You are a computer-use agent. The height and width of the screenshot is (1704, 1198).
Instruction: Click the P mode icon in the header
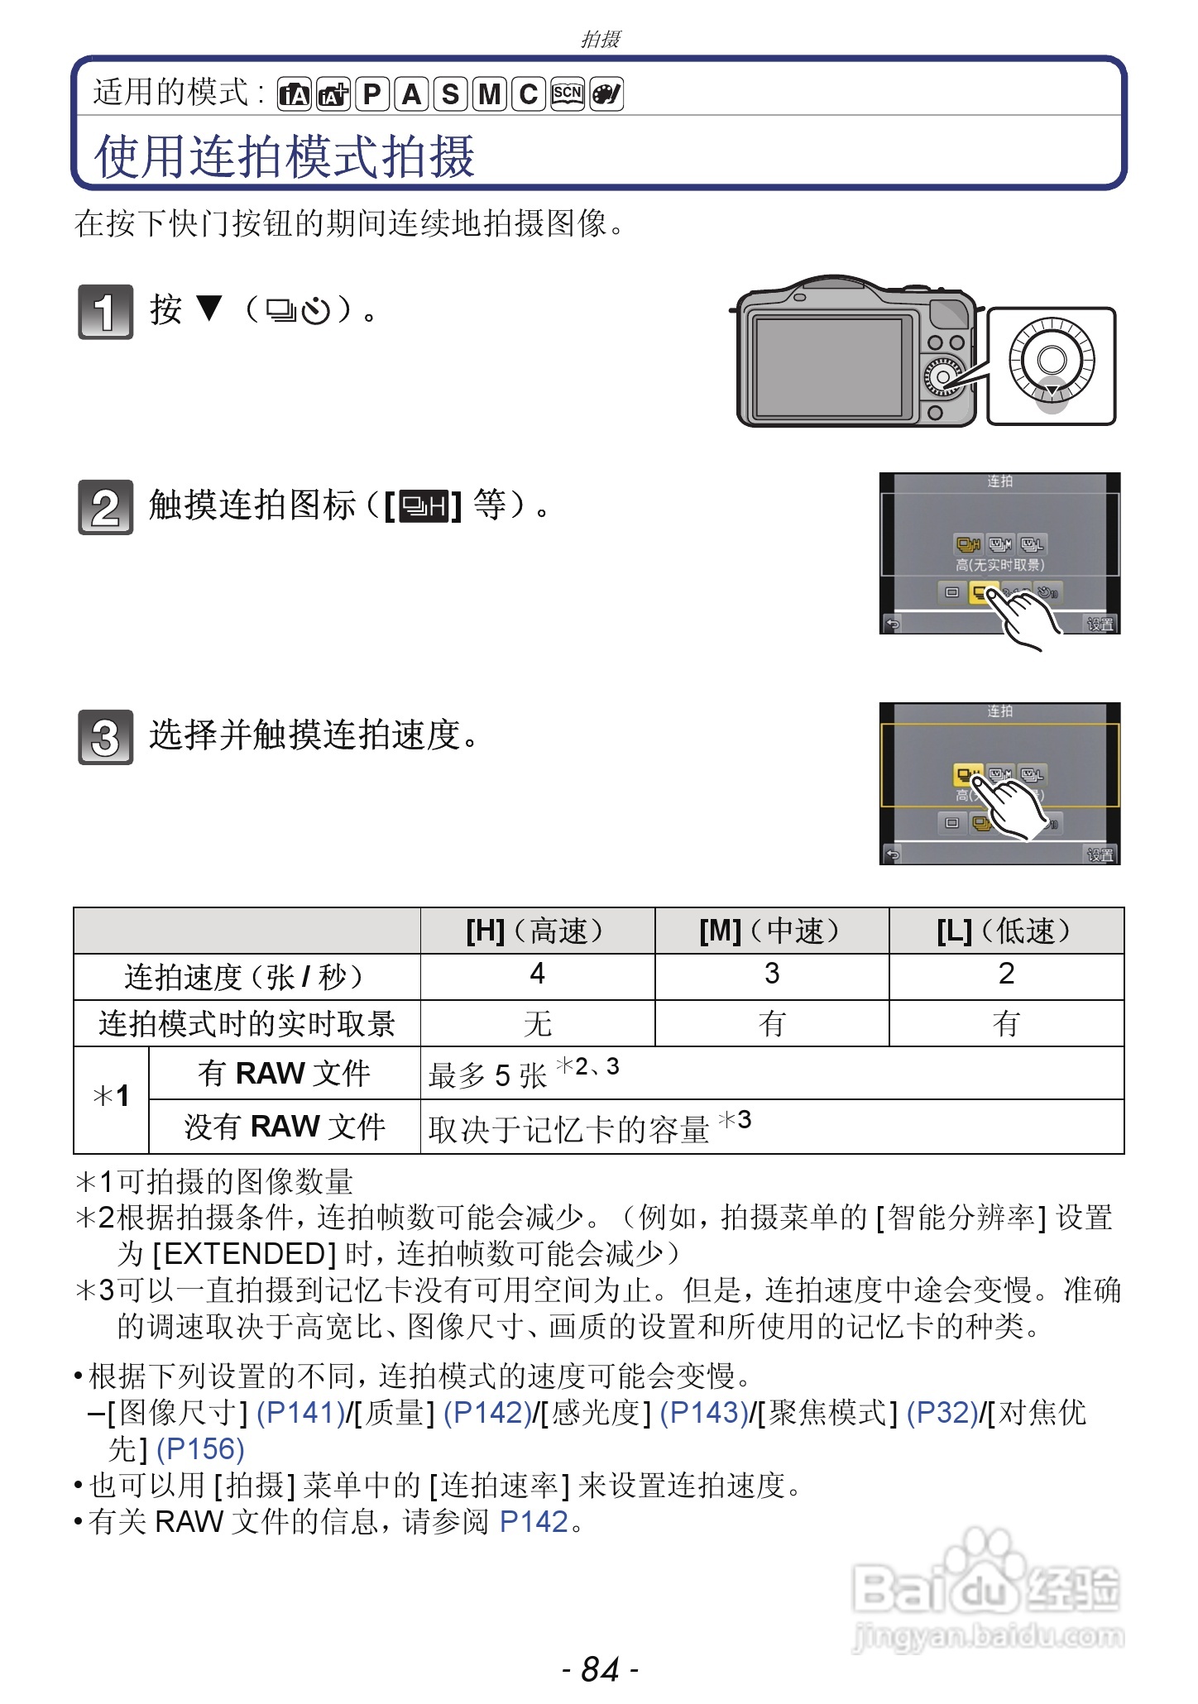[372, 94]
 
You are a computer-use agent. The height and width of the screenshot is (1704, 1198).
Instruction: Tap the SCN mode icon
[568, 93]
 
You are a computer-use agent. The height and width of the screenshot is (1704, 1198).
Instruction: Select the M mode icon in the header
[490, 94]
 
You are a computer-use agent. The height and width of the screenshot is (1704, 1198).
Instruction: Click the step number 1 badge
[105, 312]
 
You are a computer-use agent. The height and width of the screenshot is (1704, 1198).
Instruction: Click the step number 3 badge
[105, 737]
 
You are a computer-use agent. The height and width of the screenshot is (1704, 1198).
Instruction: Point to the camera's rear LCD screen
[827, 366]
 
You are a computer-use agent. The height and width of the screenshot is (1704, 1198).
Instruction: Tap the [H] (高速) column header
[537, 931]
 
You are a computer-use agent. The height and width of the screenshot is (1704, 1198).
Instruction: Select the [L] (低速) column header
[1006, 931]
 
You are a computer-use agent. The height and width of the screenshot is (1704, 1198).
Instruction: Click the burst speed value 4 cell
[537, 974]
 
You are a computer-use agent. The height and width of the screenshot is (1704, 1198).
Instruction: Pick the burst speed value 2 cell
[1006, 974]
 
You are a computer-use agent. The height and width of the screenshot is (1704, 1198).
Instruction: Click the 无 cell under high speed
[537, 1024]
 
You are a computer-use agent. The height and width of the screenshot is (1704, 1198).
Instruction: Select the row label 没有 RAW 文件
[285, 1127]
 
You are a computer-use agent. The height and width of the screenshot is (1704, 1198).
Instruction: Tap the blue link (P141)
[300, 1412]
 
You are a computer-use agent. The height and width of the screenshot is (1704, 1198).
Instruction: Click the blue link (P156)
[200, 1448]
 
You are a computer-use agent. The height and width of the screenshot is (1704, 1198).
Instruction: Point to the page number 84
[600, 1669]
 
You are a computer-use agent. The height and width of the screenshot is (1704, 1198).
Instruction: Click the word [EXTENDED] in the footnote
[245, 1254]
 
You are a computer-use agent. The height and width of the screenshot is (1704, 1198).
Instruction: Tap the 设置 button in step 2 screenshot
[1100, 625]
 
